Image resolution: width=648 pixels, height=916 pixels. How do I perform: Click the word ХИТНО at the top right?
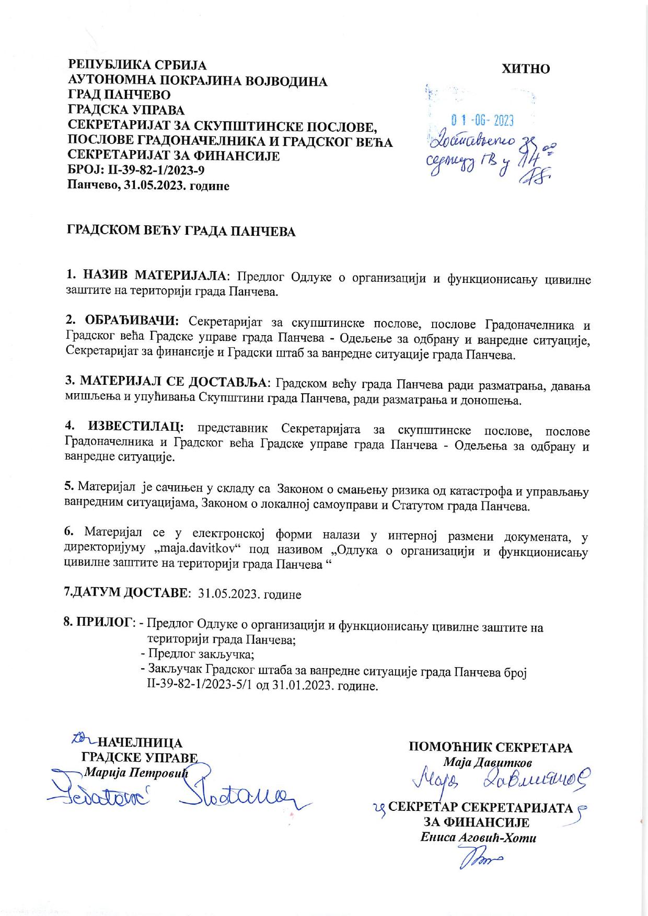click(526, 69)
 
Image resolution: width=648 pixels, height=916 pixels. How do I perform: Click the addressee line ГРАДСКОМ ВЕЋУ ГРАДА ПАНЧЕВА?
click(181, 231)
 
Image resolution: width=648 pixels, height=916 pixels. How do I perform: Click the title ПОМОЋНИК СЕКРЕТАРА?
click(490, 747)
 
